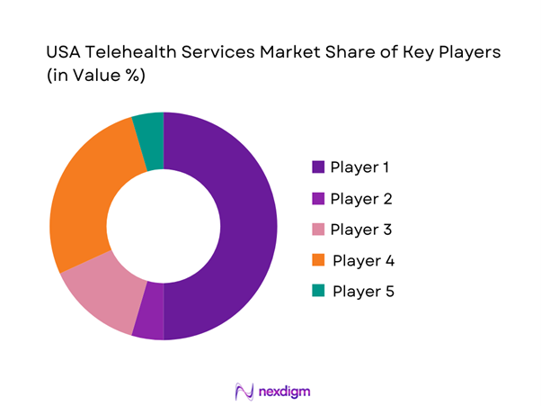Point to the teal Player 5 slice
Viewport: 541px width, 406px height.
click(x=149, y=130)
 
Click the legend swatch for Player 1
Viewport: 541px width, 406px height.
click(x=318, y=167)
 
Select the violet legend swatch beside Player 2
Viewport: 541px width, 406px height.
click(x=318, y=199)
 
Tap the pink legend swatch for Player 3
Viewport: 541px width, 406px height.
click(x=318, y=230)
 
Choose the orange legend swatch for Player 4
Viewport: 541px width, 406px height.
click(x=318, y=261)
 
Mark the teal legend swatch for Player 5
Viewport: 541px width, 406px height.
click(x=318, y=292)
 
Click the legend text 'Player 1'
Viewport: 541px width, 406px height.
click(x=359, y=167)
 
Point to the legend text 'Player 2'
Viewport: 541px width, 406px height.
click(x=360, y=199)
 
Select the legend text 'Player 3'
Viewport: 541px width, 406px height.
click(x=360, y=230)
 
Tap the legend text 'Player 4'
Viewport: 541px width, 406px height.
click(x=363, y=261)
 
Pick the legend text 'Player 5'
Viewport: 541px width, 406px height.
click(x=363, y=292)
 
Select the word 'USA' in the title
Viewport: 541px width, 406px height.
click(x=65, y=53)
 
